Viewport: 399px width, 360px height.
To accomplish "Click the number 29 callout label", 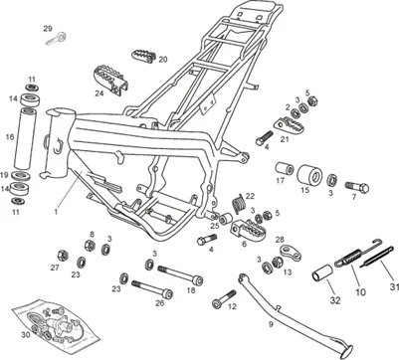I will [x=47, y=30].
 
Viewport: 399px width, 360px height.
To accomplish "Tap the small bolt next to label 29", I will [x=62, y=39].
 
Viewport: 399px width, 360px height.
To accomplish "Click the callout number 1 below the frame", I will [x=56, y=212].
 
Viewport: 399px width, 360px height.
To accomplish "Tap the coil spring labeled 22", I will [x=238, y=206].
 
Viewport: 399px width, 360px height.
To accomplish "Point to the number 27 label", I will [x=55, y=268].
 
